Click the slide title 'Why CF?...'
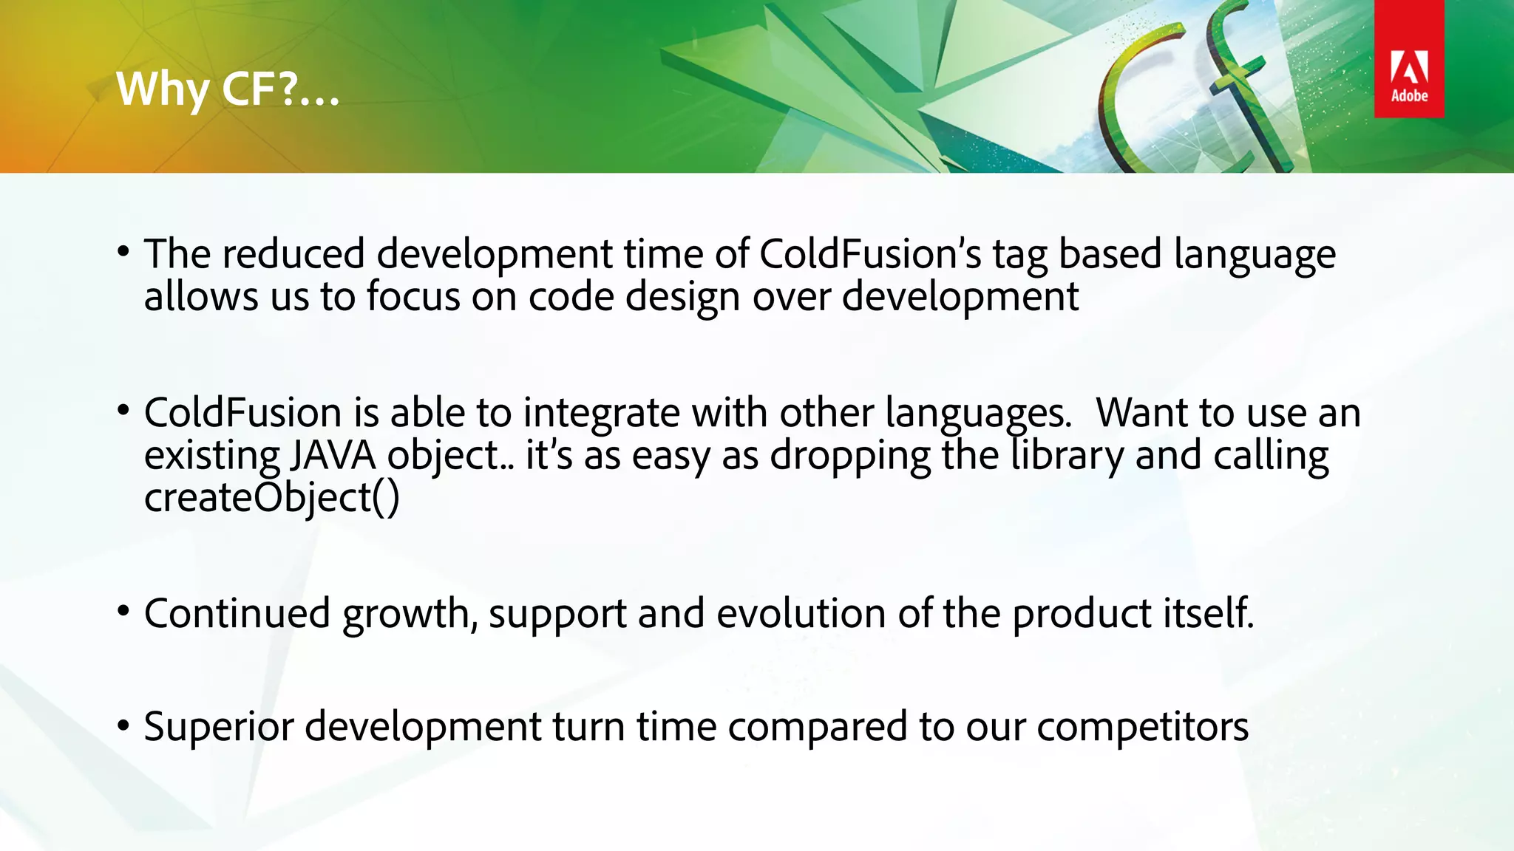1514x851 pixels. [x=228, y=90]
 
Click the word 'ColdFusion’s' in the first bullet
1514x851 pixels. [x=870, y=255]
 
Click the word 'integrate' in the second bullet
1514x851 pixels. [x=601, y=414]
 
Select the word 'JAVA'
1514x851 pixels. [x=333, y=456]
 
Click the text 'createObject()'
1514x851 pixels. [x=271, y=497]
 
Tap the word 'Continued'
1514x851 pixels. [x=237, y=614]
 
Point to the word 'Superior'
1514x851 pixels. [x=219, y=727]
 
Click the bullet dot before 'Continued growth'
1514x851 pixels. [x=123, y=610]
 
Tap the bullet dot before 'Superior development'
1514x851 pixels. [x=123, y=724]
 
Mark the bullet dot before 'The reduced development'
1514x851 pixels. [x=123, y=251]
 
